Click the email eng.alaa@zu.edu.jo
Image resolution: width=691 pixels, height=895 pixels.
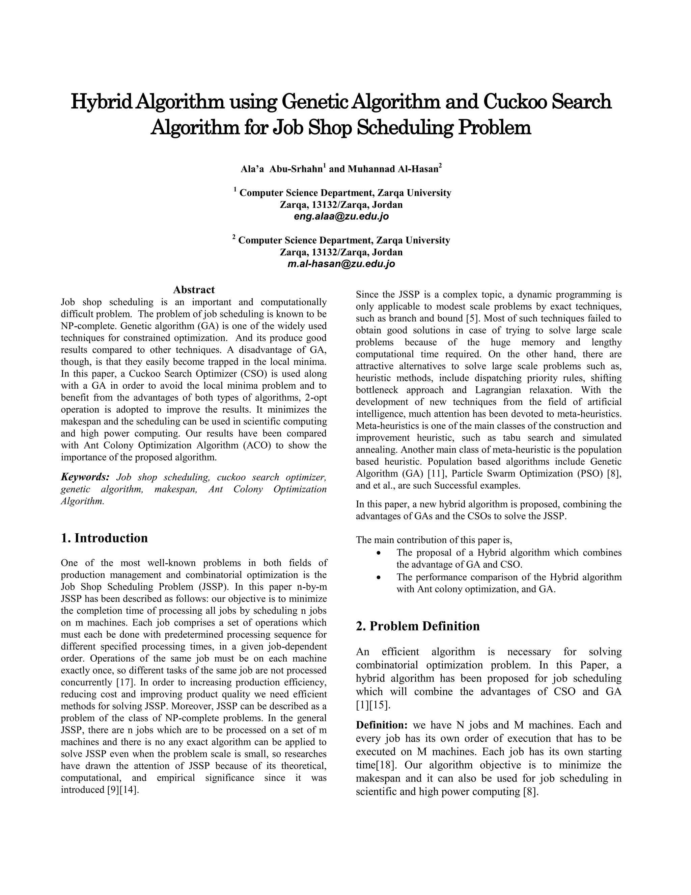[x=341, y=216]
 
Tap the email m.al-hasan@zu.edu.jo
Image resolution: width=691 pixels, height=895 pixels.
[x=341, y=264]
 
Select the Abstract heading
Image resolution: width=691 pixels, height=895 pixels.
[x=194, y=290]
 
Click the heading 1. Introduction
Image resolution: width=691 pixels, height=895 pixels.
[x=104, y=538]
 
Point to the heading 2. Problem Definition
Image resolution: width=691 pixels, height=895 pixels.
[x=418, y=626]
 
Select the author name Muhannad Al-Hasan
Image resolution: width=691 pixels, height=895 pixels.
[x=393, y=169]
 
